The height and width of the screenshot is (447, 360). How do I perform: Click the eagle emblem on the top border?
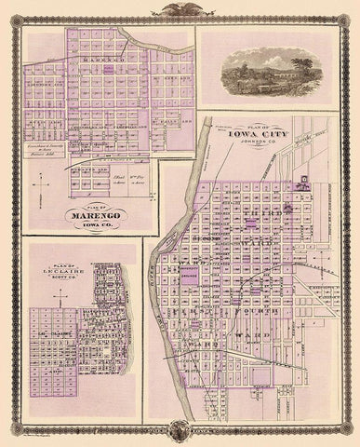pos(180,11)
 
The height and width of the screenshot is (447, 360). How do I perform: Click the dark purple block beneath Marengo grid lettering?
pos(110,68)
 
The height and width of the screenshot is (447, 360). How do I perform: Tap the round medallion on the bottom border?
pos(180,436)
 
